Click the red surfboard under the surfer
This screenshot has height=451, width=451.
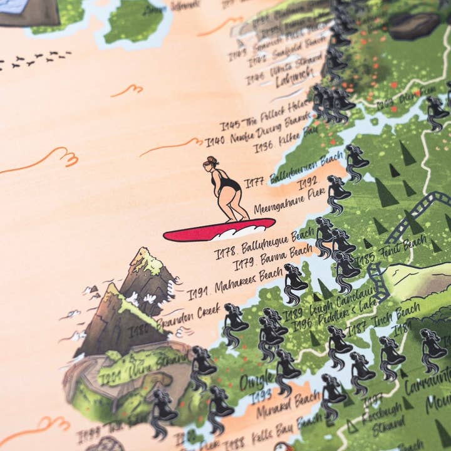click(219, 229)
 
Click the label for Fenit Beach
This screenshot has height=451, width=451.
click(401, 247)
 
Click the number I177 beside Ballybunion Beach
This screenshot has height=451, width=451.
click(254, 182)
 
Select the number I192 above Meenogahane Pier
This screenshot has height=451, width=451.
click(308, 184)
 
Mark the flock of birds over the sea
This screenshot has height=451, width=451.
click(34, 60)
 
